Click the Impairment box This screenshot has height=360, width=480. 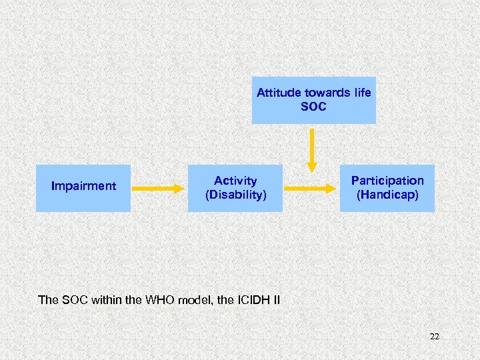pos(83,188)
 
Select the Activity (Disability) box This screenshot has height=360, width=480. pos(235,188)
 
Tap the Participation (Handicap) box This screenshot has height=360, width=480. pos(387,188)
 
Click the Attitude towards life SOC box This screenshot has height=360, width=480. pos(313,100)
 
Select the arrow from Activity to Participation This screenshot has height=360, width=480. pos(311,189)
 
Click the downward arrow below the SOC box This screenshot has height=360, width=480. pos(311,149)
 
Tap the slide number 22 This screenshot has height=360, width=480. pos(434,337)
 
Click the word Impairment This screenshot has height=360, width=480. pos(83,186)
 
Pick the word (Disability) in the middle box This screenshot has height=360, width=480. pos(235,195)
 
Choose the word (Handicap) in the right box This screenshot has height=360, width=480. pos(387,195)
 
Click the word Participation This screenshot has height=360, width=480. pos(387,181)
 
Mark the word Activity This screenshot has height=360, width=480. pos(235,181)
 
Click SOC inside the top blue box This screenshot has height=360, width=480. pos(313,107)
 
